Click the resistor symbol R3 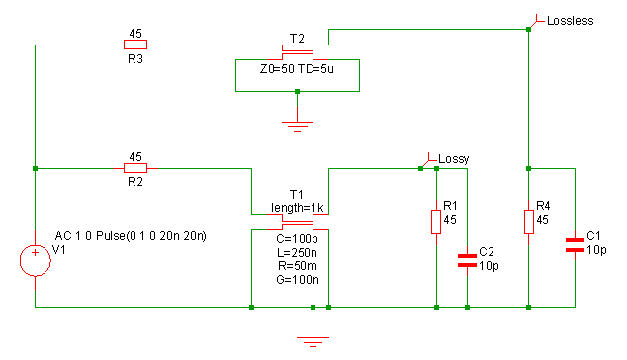coord(135,45)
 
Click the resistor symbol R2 coord(135,168)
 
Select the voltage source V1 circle coord(35,261)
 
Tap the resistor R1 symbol coord(436,221)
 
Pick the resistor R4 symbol coord(528,221)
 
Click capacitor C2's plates coord(467,260)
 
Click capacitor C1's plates coord(574,244)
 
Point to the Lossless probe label coord(570,21)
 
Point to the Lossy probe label coord(453,158)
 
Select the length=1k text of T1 coord(298,207)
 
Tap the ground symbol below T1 coord(313,340)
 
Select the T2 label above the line coord(297,37)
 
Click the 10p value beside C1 coord(595,249)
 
